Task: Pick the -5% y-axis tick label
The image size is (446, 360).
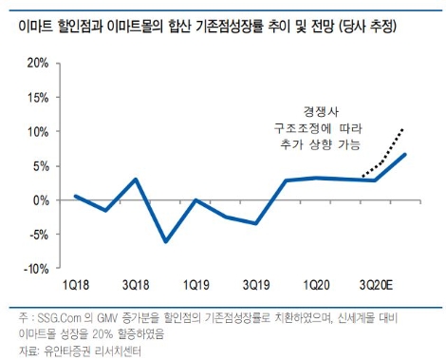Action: (x=37, y=235)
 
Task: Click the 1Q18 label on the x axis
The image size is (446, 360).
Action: (x=76, y=284)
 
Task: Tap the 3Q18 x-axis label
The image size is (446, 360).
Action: (x=136, y=284)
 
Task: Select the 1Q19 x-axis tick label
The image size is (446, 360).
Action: (x=195, y=284)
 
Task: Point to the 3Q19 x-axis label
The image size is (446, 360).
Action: (x=255, y=284)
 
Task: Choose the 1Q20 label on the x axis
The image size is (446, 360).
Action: (x=315, y=284)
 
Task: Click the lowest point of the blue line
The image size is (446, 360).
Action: (x=166, y=242)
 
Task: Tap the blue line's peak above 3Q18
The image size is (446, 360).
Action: (x=136, y=180)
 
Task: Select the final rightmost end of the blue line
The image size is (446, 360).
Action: (x=406, y=154)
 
